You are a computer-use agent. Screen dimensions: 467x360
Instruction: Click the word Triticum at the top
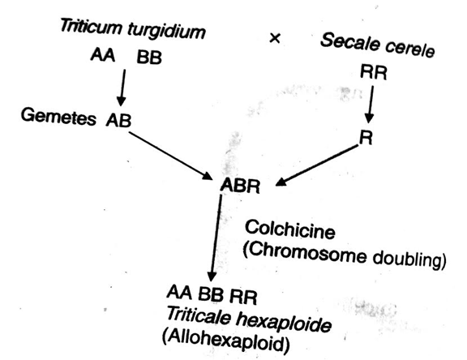click(x=91, y=26)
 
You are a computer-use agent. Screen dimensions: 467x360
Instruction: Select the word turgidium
click(x=167, y=31)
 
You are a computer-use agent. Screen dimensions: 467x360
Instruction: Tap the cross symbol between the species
click(x=275, y=38)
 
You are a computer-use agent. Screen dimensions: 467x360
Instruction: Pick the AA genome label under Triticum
click(x=103, y=55)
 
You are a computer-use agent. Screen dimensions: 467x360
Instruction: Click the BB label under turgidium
click(x=149, y=58)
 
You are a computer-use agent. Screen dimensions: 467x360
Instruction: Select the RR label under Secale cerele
click(x=374, y=72)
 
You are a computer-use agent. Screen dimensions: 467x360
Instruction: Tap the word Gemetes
click(x=58, y=117)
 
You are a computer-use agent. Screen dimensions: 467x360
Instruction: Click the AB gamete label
click(x=118, y=120)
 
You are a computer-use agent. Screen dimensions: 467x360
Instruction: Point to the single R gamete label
click(x=366, y=138)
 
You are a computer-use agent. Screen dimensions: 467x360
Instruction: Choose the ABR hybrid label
click(x=240, y=186)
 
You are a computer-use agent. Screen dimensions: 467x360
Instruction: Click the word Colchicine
click(x=289, y=229)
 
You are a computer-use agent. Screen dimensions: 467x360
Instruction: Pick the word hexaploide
click(x=284, y=323)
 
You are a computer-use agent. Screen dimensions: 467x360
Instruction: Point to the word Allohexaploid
click(x=225, y=341)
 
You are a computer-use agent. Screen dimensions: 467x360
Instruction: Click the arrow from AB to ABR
click(x=170, y=156)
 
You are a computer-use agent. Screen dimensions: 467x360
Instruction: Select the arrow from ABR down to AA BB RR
click(x=216, y=238)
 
